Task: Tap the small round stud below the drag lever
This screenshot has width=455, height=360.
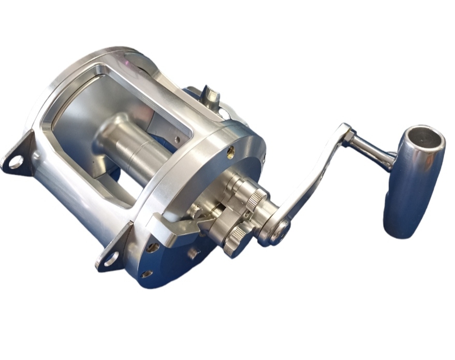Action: (194, 253)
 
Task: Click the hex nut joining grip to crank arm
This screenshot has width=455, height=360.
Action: (348, 136)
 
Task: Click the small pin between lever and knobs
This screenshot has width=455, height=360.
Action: (195, 211)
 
